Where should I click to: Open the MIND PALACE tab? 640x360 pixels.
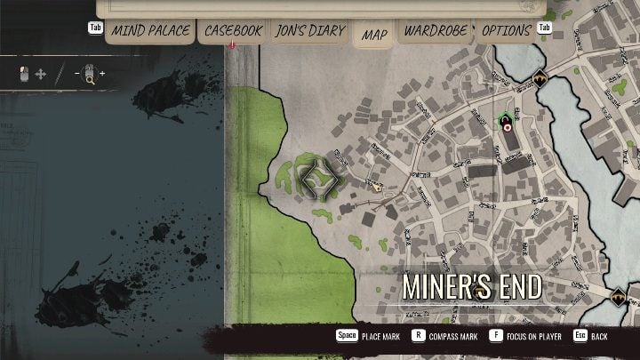[x=150, y=30]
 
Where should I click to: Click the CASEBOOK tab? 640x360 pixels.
[x=233, y=30]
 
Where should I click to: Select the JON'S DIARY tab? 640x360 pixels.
[x=309, y=30]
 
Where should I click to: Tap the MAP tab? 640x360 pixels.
[x=374, y=35]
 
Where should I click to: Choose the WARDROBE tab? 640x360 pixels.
[x=436, y=30]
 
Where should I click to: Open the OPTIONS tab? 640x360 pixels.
[x=506, y=30]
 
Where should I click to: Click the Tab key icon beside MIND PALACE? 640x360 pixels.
[x=95, y=28]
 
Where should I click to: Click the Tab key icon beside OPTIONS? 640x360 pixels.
[x=545, y=28]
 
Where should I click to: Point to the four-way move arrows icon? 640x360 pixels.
[x=41, y=74]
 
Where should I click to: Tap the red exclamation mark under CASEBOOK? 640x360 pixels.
[x=232, y=44]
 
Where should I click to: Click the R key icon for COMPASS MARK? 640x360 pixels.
[x=418, y=337]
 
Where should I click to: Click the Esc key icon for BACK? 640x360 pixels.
[x=579, y=337]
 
